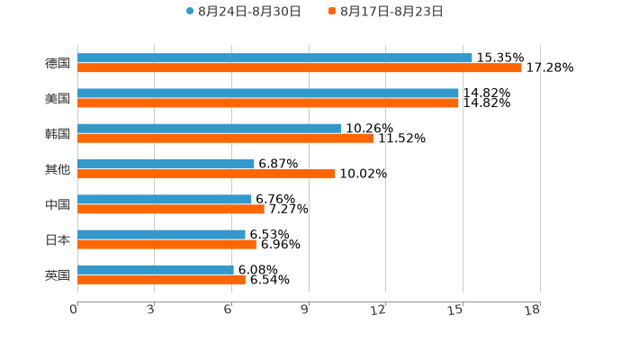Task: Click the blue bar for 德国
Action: (274, 58)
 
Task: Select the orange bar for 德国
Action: (299, 68)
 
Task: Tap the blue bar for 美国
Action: (268, 94)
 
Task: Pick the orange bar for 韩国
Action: (225, 139)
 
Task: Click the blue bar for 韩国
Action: (209, 129)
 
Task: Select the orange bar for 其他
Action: (206, 174)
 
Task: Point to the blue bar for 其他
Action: (166, 164)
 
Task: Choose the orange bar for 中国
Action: (171, 209)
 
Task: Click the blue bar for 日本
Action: (161, 234)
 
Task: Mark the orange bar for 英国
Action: (161, 280)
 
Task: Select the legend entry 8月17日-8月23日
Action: (391, 12)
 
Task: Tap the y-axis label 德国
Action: (58, 63)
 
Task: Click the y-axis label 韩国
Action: (58, 134)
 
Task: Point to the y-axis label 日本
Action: (58, 239)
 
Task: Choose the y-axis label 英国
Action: (58, 274)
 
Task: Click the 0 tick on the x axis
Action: (74, 310)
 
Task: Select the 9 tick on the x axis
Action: (306, 310)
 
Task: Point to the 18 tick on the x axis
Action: (533, 310)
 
